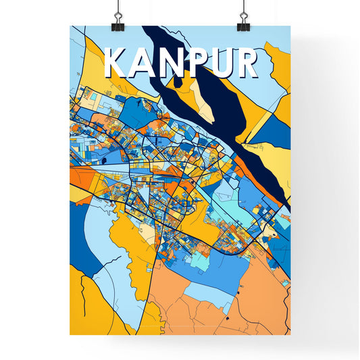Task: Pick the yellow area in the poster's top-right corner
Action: pos(278,61)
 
